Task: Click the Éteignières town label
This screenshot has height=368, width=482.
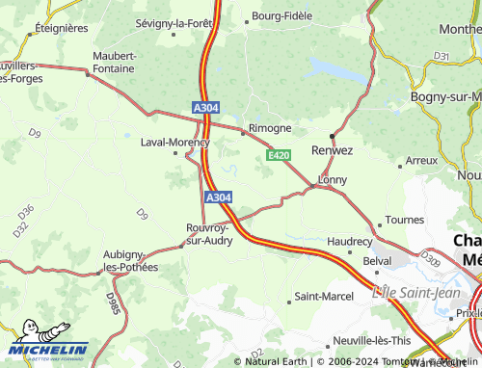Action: click(x=61, y=29)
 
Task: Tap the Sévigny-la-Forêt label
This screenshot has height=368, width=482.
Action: click(x=173, y=22)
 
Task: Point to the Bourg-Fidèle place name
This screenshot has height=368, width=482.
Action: click(x=282, y=16)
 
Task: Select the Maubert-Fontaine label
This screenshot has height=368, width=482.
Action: click(x=115, y=62)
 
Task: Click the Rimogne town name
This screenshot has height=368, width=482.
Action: click(x=270, y=128)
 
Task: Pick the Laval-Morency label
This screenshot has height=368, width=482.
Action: click(x=174, y=143)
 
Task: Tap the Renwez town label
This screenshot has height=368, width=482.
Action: click(x=333, y=150)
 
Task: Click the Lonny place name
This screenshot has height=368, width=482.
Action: click(x=333, y=180)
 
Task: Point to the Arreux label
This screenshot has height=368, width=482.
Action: click(x=421, y=161)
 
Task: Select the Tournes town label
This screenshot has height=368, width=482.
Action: click(x=405, y=221)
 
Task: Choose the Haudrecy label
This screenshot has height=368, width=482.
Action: click(x=350, y=241)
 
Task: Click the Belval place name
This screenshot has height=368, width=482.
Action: click(x=377, y=261)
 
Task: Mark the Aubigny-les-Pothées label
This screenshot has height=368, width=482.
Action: click(x=130, y=261)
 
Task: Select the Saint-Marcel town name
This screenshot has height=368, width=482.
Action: click(x=324, y=296)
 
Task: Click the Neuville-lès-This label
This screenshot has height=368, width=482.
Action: click(x=372, y=341)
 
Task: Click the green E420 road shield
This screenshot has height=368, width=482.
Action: click(x=279, y=155)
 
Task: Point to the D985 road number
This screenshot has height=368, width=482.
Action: click(x=113, y=304)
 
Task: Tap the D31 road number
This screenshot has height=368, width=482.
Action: click(x=442, y=57)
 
